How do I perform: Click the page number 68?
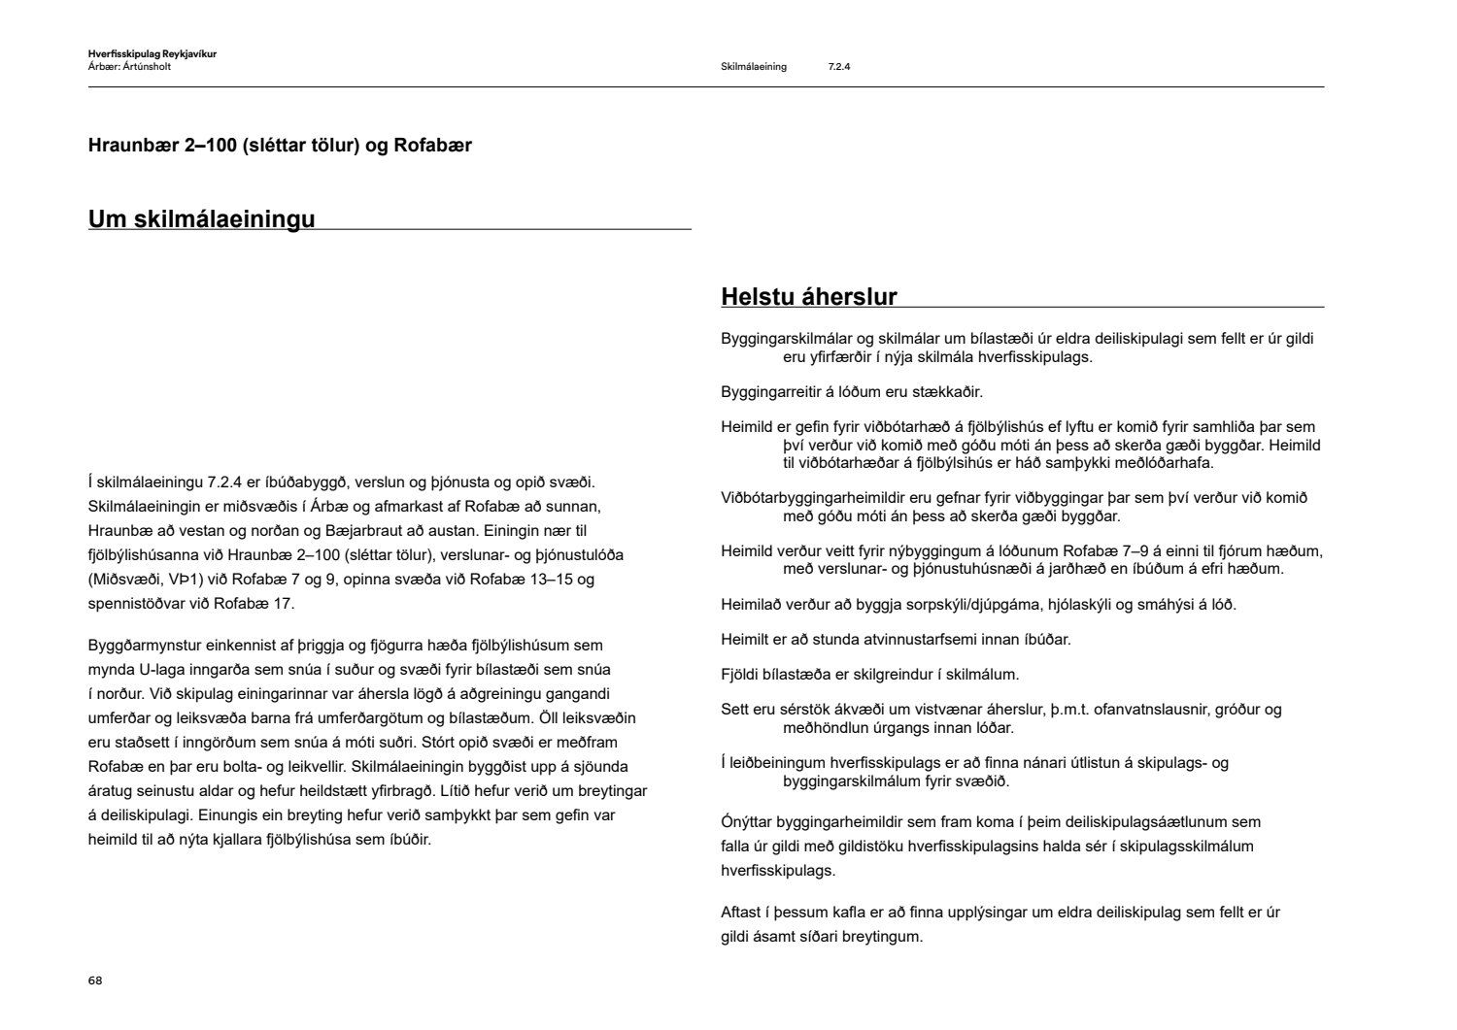tap(94, 980)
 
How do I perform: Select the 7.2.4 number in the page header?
tap(839, 67)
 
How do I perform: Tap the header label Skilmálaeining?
tap(754, 67)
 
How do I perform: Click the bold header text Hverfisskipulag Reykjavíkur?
tap(152, 54)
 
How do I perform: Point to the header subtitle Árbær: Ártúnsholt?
tap(129, 67)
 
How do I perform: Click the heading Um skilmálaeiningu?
tap(201, 218)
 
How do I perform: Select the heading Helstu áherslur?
tap(808, 297)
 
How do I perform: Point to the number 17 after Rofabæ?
tap(283, 604)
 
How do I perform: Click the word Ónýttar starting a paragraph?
tap(751, 822)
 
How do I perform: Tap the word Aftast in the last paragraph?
tap(742, 913)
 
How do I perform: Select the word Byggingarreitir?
tap(770, 392)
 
